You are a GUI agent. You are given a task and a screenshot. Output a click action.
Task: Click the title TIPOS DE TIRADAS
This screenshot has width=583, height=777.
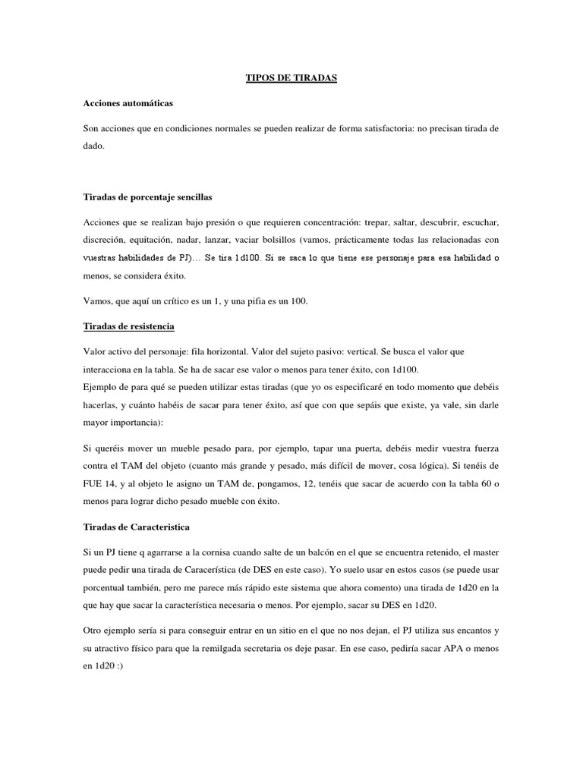(x=291, y=77)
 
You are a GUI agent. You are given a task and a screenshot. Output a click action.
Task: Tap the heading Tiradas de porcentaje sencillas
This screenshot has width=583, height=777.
(x=147, y=197)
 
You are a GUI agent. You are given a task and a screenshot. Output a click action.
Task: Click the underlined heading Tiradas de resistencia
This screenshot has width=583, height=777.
(x=128, y=326)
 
